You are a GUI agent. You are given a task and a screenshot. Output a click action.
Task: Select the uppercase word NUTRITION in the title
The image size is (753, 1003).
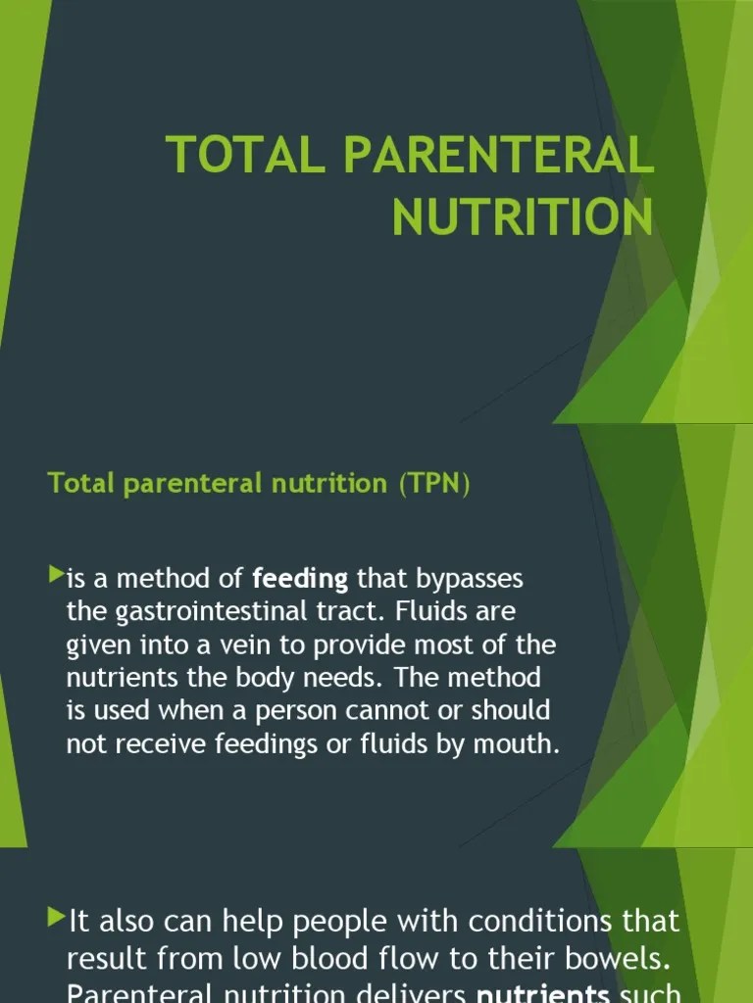point(523,216)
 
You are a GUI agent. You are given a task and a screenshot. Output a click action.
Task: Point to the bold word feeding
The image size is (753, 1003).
point(300,579)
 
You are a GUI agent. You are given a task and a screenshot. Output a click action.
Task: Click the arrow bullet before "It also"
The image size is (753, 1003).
point(56,918)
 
